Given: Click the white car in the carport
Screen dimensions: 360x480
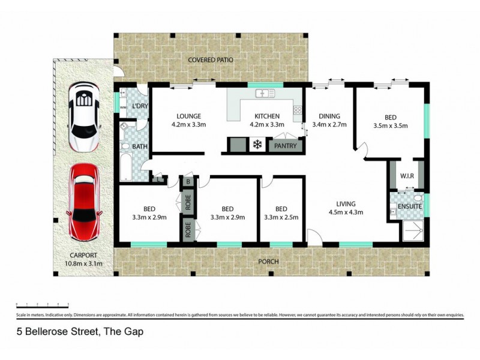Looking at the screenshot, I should pyautogui.click(x=84, y=118).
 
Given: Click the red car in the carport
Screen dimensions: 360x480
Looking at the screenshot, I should pyautogui.click(x=84, y=200).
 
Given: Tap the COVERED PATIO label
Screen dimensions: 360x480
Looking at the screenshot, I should pyautogui.click(x=210, y=61).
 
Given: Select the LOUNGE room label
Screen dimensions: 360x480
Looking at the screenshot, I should pyautogui.click(x=188, y=116).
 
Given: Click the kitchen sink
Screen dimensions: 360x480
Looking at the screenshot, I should pyautogui.click(x=265, y=94).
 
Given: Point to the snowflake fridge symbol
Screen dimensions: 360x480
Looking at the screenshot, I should pyautogui.click(x=256, y=145).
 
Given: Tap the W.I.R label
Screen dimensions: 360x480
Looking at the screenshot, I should pyautogui.click(x=407, y=176).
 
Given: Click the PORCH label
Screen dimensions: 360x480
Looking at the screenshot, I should pyautogui.click(x=268, y=262).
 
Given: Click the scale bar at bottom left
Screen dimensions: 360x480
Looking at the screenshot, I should pyautogui.click(x=42, y=305).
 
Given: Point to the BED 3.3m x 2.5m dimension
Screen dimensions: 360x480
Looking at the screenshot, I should pyautogui.click(x=281, y=218).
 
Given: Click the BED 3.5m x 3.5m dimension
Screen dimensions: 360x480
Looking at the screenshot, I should pyautogui.click(x=390, y=126).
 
